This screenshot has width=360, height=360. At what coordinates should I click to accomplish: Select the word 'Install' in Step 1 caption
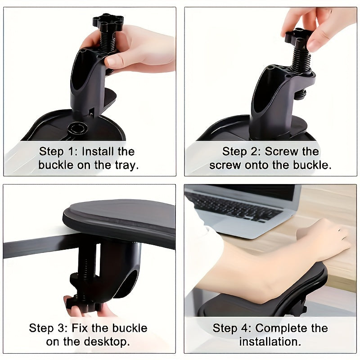tap(108, 151)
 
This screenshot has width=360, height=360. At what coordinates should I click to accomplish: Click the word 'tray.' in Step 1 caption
tap(125, 165)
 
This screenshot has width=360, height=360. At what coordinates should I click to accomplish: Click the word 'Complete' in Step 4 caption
tap(281, 328)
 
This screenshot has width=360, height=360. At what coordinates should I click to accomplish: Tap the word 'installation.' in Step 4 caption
tap(270, 341)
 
